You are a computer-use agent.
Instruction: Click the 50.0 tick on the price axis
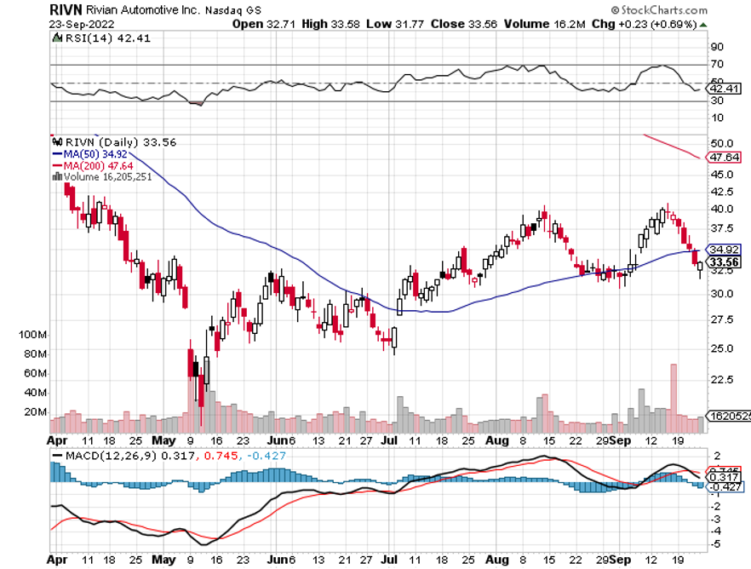[722, 143]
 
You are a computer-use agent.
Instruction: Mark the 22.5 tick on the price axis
[722, 380]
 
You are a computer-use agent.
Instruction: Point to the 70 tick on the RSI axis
[718, 65]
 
